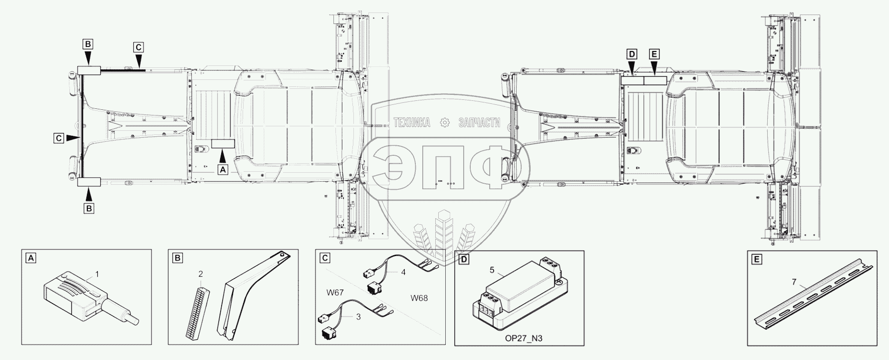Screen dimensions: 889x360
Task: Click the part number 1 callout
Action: pyautogui.click(x=97, y=274)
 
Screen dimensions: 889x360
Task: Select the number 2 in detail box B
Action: pyautogui.click(x=201, y=274)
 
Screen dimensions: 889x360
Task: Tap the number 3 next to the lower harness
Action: pyautogui.click(x=371, y=317)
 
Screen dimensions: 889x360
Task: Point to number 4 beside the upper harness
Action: pyautogui.click(x=403, y=273)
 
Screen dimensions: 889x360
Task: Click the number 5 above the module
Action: pyautogui.click(x=492, y=271)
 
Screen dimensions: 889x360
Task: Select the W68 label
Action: pyautogui.click(x=419, y=299)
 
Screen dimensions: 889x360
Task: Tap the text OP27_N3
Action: pyautogui.click(x=520, y=339)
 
